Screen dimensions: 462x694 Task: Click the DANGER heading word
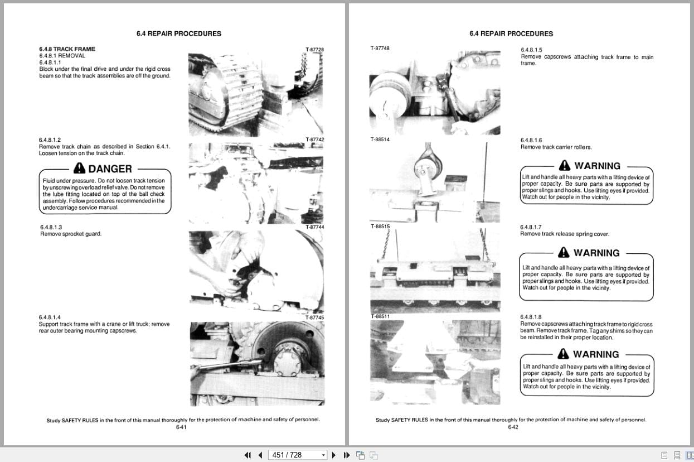(110, 169)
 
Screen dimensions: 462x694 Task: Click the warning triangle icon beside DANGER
(79, 169)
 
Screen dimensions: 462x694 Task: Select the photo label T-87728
(314, 50)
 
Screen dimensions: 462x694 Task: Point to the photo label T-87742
(314, 139)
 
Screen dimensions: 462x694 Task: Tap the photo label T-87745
(314, 317)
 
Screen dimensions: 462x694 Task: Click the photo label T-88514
(380, 139)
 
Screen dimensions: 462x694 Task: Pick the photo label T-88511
(380, 316)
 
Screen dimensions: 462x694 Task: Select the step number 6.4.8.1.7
(531, 227)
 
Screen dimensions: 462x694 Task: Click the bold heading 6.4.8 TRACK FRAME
(67, 49)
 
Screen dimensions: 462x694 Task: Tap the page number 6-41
(181, 427)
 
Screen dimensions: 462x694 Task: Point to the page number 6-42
(513, 427)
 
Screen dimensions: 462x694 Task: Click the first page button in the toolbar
(248, 455)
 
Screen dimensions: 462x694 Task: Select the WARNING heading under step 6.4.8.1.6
(597, 166)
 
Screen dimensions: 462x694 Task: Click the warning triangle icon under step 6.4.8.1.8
(564, 354)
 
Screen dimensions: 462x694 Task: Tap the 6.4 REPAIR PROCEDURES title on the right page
(511, 33)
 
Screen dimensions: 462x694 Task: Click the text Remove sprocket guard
(71, 234)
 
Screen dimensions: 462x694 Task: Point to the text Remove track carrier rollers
(556, 147)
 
